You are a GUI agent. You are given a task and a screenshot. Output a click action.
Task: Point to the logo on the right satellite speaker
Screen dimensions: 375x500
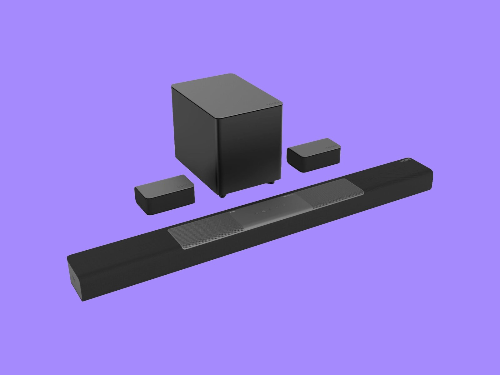click(x=332, y=146)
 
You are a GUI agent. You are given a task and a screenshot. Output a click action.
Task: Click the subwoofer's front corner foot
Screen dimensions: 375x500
click(x=222, y=196)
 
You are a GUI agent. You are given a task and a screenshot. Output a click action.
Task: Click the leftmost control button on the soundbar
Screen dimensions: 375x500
click(x=256, y=213)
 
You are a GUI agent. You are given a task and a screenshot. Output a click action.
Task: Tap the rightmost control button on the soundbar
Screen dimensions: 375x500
click(x=284, y=205)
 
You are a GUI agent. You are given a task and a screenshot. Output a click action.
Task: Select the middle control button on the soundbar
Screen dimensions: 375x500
click(x=270, y=209)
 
